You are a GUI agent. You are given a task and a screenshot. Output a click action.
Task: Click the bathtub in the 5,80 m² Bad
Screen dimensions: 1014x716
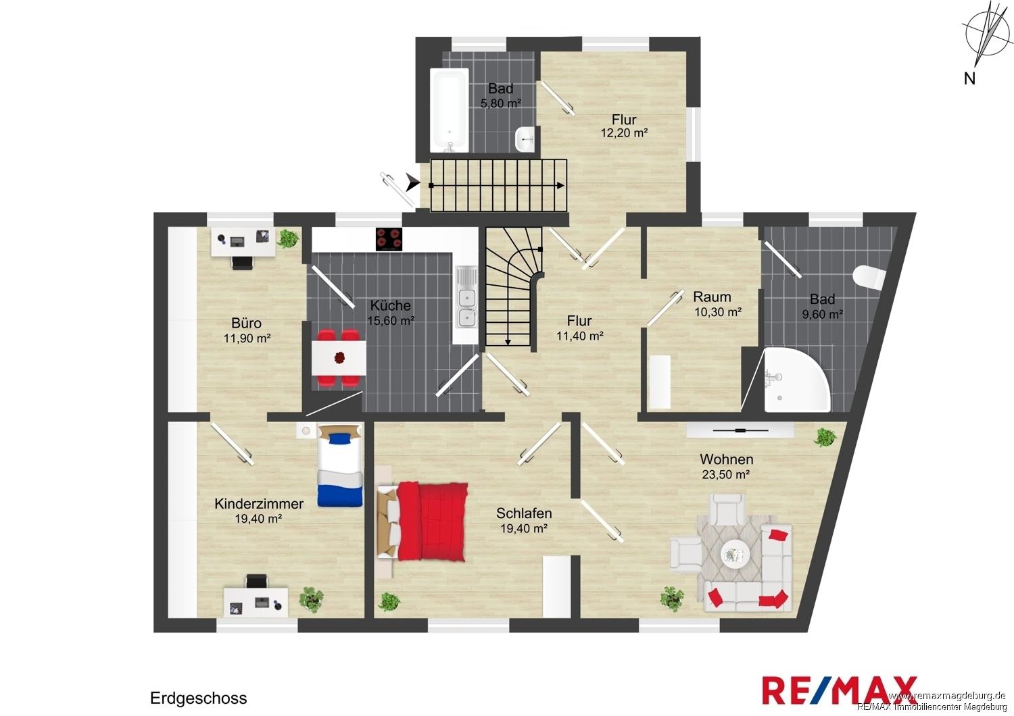[449, 110]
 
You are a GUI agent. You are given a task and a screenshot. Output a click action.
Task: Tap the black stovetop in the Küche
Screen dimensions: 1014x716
[389, 239]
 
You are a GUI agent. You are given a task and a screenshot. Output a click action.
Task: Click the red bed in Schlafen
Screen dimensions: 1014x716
[422, 521]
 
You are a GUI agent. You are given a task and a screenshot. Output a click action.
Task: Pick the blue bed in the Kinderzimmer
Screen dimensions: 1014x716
[340, 465]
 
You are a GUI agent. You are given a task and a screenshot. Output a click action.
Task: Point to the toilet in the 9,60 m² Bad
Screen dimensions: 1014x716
[869, 278]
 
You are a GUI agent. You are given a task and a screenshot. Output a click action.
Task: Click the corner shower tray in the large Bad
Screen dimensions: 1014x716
[797, 380]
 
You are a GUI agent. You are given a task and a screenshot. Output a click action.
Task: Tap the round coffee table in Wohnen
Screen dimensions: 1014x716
[735, 554]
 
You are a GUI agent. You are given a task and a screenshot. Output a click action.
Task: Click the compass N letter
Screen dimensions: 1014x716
[969, 79]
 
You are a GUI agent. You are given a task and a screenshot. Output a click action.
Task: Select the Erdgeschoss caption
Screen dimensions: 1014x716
[198, 698]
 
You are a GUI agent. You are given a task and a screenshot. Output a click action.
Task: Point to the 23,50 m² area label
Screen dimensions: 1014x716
[726, 474]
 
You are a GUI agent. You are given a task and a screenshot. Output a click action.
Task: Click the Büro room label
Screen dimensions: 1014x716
[246, 323]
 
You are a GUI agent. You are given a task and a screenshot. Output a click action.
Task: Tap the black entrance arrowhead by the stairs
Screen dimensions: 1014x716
[412, 182]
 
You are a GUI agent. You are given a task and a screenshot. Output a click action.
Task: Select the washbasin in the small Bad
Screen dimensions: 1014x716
[525, 140]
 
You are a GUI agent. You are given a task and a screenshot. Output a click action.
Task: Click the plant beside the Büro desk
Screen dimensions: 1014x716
[288, 238]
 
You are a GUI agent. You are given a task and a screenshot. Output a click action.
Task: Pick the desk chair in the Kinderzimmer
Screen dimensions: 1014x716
[257, 581]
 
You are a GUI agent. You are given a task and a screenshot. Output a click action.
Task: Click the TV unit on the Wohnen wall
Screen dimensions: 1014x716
[740, 430]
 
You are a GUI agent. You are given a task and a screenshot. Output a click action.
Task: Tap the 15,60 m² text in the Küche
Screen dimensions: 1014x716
[391, 320]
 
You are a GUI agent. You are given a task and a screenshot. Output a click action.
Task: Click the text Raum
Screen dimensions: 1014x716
[712, 297]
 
